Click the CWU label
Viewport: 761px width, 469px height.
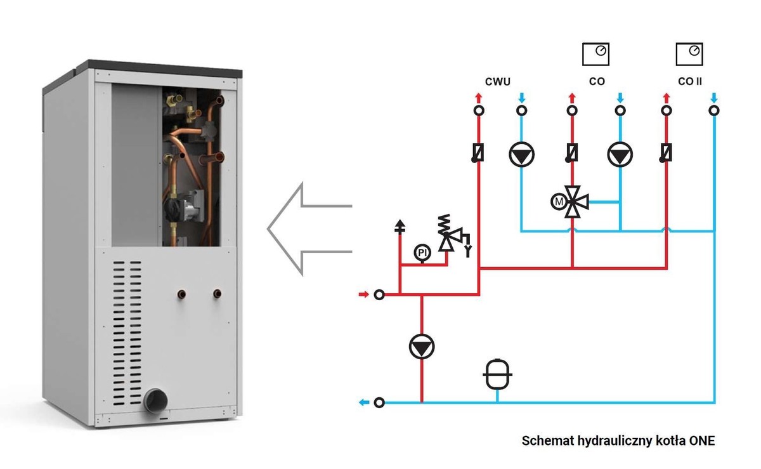pos(498,82)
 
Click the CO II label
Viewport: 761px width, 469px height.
pos(690,82)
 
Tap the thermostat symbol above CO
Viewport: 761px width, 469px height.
pos(595,53)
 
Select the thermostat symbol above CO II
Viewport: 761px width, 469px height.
pos(689,53)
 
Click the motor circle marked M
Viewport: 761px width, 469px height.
pos(559,202)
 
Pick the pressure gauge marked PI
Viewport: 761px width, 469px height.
pos(422,253)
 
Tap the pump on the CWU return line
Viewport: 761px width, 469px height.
pos(521,154)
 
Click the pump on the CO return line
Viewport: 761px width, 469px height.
pos(620,154)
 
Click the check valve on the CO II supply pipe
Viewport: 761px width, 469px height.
pos(667,153)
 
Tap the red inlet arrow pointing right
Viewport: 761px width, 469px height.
pos(363,294)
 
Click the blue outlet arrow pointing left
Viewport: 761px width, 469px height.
pos(363,402)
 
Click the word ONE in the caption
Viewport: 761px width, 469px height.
pos(702,440)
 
